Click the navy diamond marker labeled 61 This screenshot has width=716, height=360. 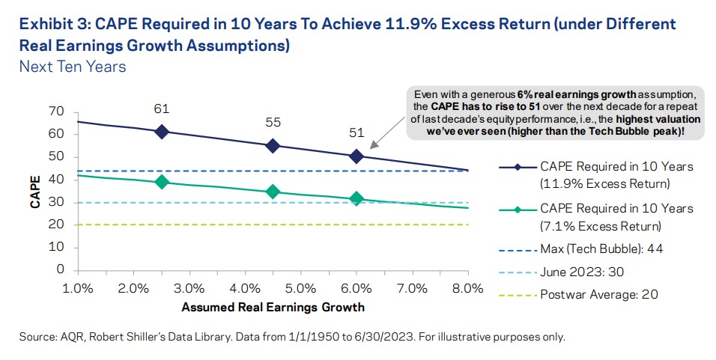[161, 131]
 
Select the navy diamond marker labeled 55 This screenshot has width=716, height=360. [273, 146]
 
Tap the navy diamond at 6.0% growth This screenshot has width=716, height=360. [357, 156]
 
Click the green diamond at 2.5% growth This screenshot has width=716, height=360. [161, 182]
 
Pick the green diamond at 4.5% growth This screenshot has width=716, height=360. [273, 192]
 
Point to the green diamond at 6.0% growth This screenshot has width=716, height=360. [357, 198]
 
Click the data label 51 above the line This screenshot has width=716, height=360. [357, 133]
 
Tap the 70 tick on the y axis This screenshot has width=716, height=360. [57, 112]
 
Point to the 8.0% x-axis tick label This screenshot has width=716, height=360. [467, 287]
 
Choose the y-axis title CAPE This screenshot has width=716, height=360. [35, 190]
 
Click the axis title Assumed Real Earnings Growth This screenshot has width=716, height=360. [273, 307]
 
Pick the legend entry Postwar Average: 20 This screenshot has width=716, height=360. [598, 294]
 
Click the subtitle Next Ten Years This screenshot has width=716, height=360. [73, 67]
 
